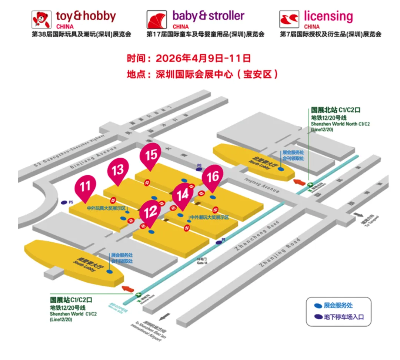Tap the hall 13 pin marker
pyautogui.click(x=118, y=171)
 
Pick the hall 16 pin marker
pyautogui.click(x=213, y=177)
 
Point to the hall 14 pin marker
pyautogui.click(x=183, y=195)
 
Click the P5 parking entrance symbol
pyautogui.click(x=64, y=202)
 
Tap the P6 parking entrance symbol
pyautogui.click(x=199, y=169)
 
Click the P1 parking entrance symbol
pyautogui.click(x=219, y=242)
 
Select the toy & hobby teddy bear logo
pyautogui.click(x=41, y=20)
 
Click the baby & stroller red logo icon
pyautogui.click(x=157, y=20)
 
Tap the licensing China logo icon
pyautogui.click(x=289, y=20)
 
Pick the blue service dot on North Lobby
pyautogui.click(x=281, y=169)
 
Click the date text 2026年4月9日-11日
pyautogui.click(x=203, y=58)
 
